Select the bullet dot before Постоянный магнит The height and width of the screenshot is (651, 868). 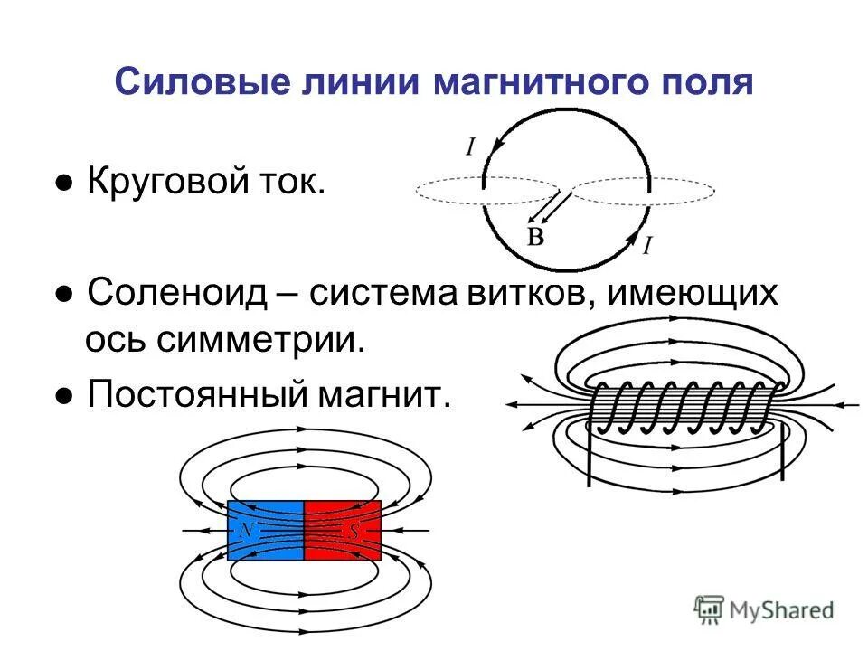point(64,395)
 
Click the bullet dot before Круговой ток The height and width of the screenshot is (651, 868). point(64,185)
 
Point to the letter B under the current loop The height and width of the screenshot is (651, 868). point(536,237)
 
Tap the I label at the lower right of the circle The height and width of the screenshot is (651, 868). point(647,243)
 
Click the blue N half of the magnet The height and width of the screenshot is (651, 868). point(266,530)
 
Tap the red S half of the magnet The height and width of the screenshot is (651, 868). point(343,530)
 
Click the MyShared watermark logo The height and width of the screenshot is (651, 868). point(765,609)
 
